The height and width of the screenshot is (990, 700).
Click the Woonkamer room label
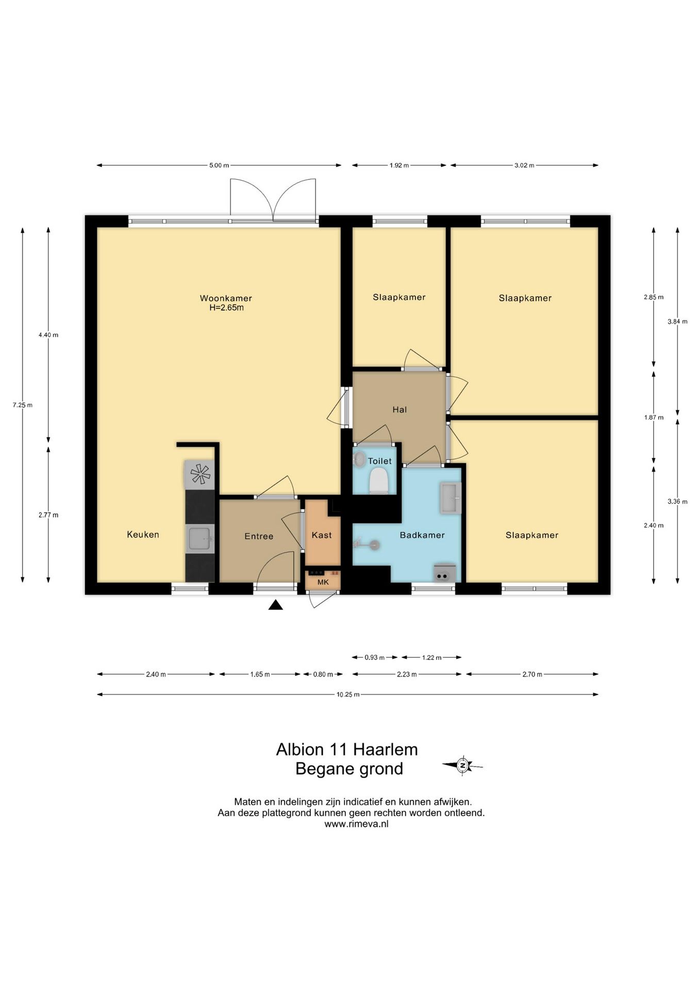226,298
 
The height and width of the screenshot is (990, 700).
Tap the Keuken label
143,535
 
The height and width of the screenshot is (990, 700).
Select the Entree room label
259,536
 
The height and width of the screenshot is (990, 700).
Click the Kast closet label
322,535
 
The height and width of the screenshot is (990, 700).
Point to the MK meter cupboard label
323,583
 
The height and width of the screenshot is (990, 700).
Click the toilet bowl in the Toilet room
378,481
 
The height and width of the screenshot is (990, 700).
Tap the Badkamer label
422,535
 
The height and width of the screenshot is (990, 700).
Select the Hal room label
399,410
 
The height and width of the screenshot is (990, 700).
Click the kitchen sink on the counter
199,539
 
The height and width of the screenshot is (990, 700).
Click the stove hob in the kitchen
199,474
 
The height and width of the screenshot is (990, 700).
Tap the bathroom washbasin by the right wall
451,498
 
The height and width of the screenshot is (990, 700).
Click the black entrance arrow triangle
276,605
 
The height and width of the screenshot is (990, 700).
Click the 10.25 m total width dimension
348,695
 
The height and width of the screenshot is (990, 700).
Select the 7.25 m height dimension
22,405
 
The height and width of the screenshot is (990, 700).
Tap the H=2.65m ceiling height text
226,308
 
